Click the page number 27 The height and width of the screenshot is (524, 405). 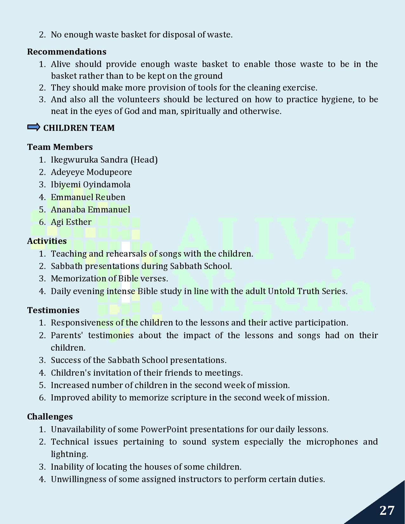point(387,510)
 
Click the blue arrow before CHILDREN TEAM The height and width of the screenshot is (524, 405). point(34,127)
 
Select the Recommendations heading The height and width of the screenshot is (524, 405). point(67,52)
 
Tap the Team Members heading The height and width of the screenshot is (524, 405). point(60,147)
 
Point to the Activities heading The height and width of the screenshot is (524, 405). point(47,241)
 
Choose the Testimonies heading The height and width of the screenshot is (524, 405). point(53,310)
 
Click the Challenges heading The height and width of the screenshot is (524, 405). point(50,417)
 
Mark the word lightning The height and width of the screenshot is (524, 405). point(69,454)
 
